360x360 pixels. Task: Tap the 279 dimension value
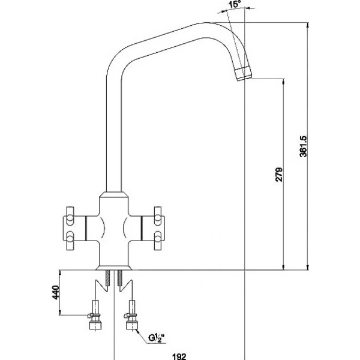[x=279, y=174]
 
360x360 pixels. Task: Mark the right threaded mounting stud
[x=121, y=277]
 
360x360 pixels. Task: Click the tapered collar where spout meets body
[x=114, y=197]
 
